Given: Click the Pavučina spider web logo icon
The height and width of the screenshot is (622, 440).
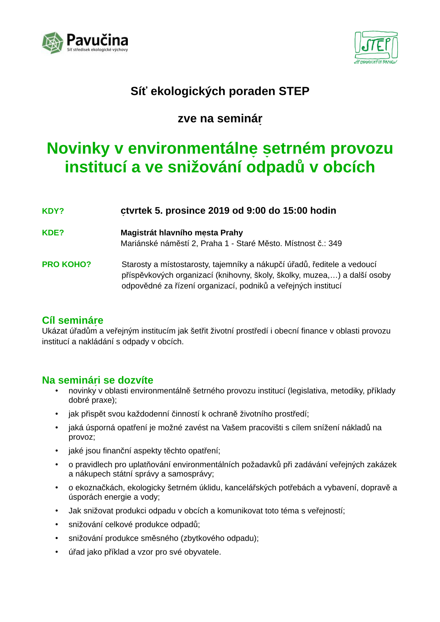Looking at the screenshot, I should (x=52, y=43).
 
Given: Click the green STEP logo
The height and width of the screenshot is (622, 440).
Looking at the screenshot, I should (x=376, y=47).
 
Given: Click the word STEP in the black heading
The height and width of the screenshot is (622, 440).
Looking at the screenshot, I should (x=294, y=91).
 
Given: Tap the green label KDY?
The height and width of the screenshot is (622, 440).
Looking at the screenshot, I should (x=53, y=211).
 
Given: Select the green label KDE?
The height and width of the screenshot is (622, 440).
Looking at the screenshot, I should (x=53, y=233).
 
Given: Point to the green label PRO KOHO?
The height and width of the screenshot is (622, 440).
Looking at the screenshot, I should (x=66, y=264).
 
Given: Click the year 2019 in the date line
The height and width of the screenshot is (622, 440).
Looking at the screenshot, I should (x=219, y=211).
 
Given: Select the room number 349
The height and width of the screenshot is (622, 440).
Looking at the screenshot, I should (x=335, y=243).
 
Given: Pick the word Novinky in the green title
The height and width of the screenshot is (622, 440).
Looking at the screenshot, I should (x=78, y=148).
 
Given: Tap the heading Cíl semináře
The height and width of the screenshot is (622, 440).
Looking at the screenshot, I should (x=72, y=320).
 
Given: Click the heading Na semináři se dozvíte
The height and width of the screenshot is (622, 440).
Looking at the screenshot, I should (x=98, y=380).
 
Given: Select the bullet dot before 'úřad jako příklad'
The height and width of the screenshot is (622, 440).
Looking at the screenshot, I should (x=57, y=552).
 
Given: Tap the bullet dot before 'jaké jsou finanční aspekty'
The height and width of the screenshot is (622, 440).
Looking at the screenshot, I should (x=57, y=451).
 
